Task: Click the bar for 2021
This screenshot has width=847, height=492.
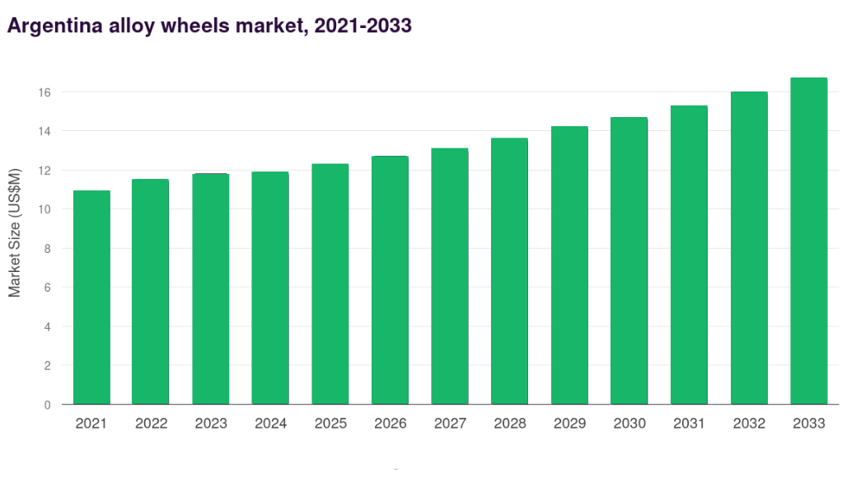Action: pos(91,298)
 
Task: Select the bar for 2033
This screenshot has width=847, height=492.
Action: pos(808,241)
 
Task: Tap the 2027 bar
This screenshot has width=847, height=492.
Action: pos(450,276)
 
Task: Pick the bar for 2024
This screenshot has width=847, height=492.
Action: pos(270,288)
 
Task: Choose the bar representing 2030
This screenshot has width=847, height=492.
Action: pos(629,260)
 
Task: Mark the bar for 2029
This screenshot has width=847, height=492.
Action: pos(569,265)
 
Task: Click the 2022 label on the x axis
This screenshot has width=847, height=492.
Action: pos(151,424)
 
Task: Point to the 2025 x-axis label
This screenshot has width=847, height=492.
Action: pos(330,424)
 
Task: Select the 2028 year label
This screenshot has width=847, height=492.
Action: pos(509,424)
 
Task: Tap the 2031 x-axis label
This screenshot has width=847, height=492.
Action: pos(689,424)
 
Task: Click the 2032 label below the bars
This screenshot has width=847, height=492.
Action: pos(748,424)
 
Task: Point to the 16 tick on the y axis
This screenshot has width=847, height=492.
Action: pos(44,92)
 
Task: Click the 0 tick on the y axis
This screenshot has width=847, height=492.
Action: pos(47,405)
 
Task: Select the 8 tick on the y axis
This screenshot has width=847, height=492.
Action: pos(47,248)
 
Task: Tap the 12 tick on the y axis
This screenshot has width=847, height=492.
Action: pos(44,171)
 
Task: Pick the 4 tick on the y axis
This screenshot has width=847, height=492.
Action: pos(47,326)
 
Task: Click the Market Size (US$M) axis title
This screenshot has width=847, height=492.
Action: pos(15,232)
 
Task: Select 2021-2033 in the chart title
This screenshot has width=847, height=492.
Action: pos(362,26)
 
